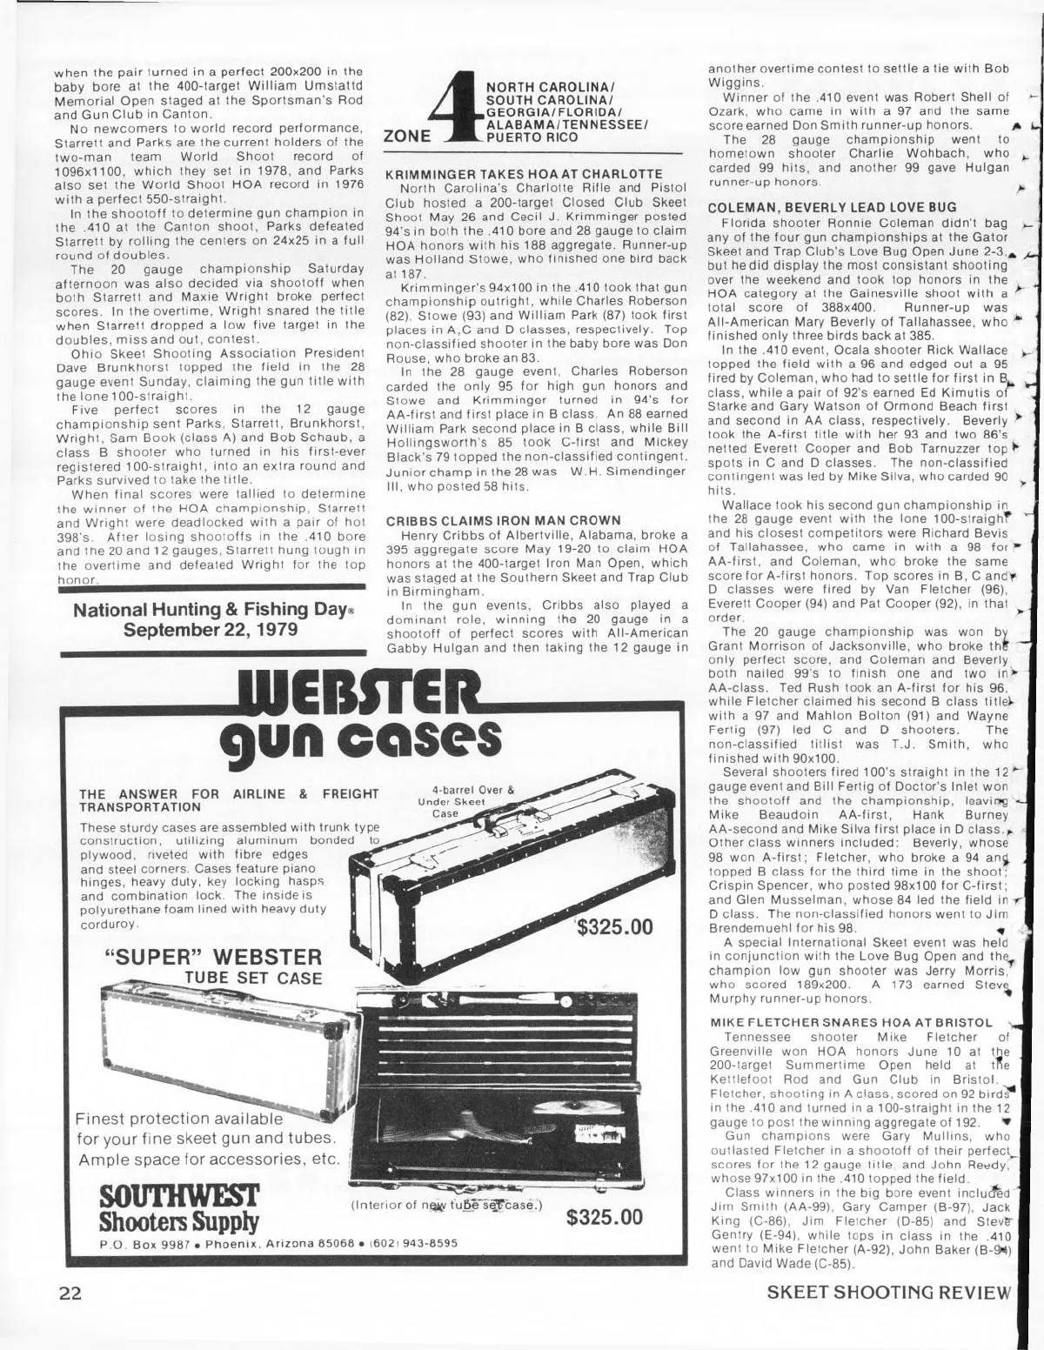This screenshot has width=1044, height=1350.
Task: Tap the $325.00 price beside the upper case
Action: pos(615,927)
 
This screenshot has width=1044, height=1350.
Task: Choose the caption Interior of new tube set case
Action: pos(446,1206)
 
